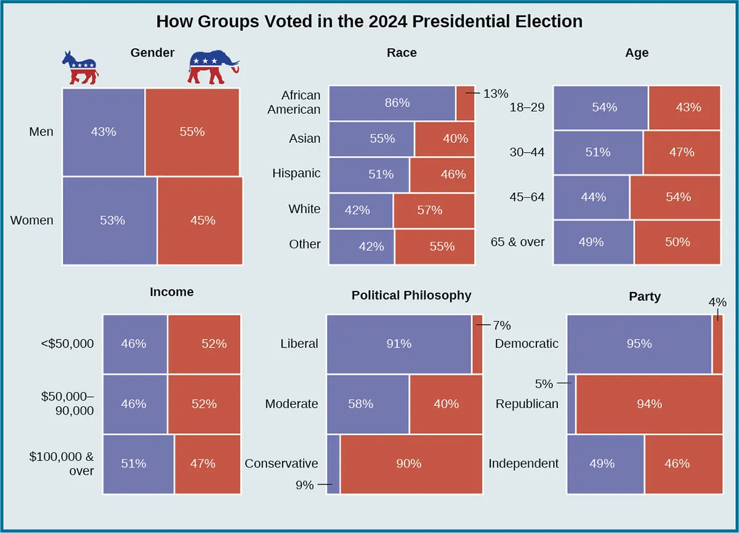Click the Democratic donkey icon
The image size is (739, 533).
click(79, 68)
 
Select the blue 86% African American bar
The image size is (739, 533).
click(392, 103)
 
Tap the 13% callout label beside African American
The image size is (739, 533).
click(496, 94)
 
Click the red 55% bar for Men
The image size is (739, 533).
click(192, 132)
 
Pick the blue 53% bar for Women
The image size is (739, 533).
click(110, 221)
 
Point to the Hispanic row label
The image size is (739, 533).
click(296, 174)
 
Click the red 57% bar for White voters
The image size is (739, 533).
click(434, 210)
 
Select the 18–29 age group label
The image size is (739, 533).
click(527, 107)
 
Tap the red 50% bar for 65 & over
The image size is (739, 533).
click(677, 242)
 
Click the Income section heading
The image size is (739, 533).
click(171, 292)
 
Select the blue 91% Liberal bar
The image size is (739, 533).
click(398, 344)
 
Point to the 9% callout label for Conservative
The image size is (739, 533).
click(304, 486)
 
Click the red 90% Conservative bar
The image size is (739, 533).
click(411, 464)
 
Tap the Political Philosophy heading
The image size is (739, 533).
click(411, 296)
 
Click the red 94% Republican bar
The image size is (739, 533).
click(649, 404)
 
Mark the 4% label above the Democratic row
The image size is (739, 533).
click(717, 303)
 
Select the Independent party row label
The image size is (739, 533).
click(523, 463)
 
